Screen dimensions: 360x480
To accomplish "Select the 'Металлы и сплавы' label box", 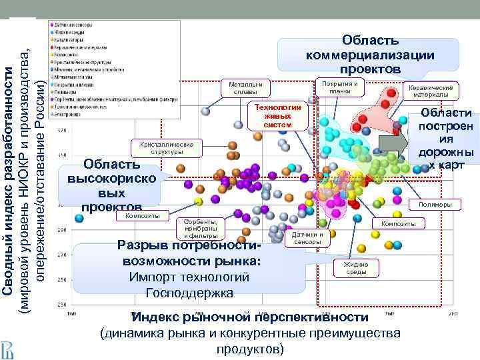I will click(x=245, y=88).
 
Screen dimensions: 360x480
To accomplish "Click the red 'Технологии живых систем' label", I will click(x=278, y=116).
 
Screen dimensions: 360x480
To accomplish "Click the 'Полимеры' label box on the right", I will click(x=435, y=204).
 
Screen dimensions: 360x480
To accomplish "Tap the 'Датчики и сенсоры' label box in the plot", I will click(x=307, y=238).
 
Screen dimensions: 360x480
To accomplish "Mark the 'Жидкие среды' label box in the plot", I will click(x=356, y=267).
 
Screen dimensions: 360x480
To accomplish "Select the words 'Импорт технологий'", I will click(x=191, y=277).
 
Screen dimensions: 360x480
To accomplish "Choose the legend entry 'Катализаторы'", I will click(x=70, y=39).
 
